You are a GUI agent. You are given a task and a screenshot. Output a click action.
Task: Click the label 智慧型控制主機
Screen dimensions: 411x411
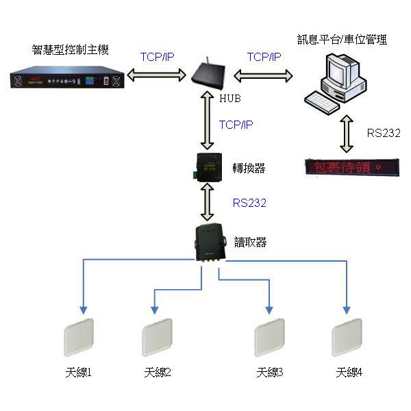pyautogui.click(x=70, y=50)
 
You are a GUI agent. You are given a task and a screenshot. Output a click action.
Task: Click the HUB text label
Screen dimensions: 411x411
pyautogui.click(x=230, y=99)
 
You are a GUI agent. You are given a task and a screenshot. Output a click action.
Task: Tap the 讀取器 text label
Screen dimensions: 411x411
pyautogui.click(x=250, y=242)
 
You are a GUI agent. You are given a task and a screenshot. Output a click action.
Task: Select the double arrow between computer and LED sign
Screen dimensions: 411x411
pyautogui.click(x=347, y=134)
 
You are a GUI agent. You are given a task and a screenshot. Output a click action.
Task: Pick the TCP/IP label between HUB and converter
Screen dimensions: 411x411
pyautogui.click(x=236, y=125)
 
